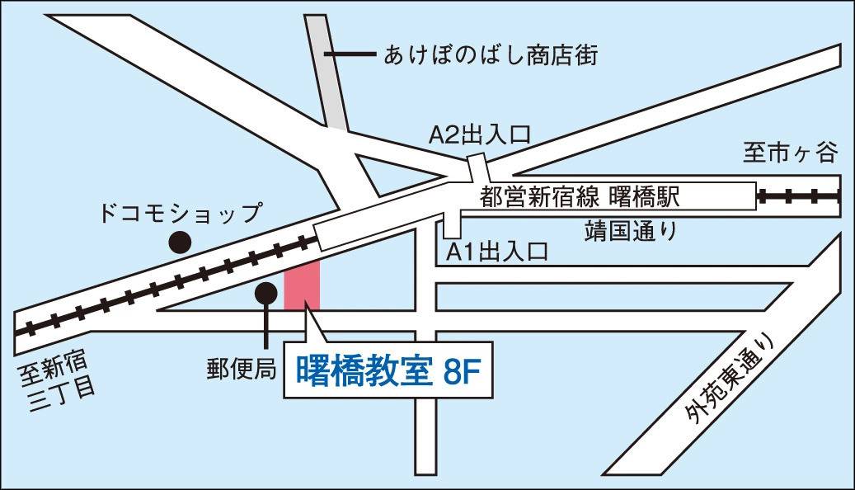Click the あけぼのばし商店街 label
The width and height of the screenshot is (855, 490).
tap(491, 55)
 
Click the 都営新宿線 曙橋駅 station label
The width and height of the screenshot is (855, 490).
tap(582, 196)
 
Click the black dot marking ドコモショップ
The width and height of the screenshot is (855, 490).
tap(180, 242)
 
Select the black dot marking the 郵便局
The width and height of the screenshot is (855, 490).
tap(265, 292)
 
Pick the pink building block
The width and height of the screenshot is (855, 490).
tap(302, 285)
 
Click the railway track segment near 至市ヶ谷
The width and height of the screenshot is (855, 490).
tap(798, 196)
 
